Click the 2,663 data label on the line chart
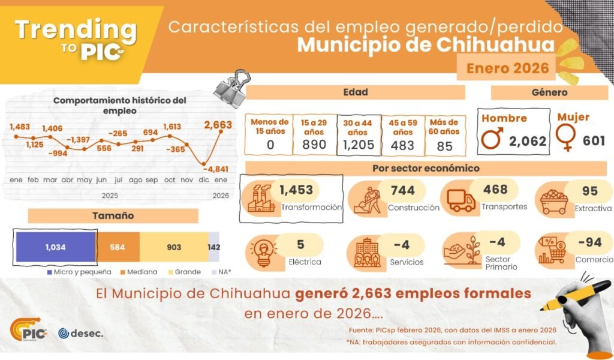coord(218,125)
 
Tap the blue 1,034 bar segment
coord(55,247)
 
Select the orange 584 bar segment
coord(118,247)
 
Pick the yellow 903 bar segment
coord(174,247)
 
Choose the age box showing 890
coord(314,134)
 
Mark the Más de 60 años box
coord(444,134)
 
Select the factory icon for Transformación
coord(260,199)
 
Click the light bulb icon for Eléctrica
coord(263,252)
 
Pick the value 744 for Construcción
coord(402,190)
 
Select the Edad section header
coord(355,92)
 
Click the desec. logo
coord(81,333)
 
